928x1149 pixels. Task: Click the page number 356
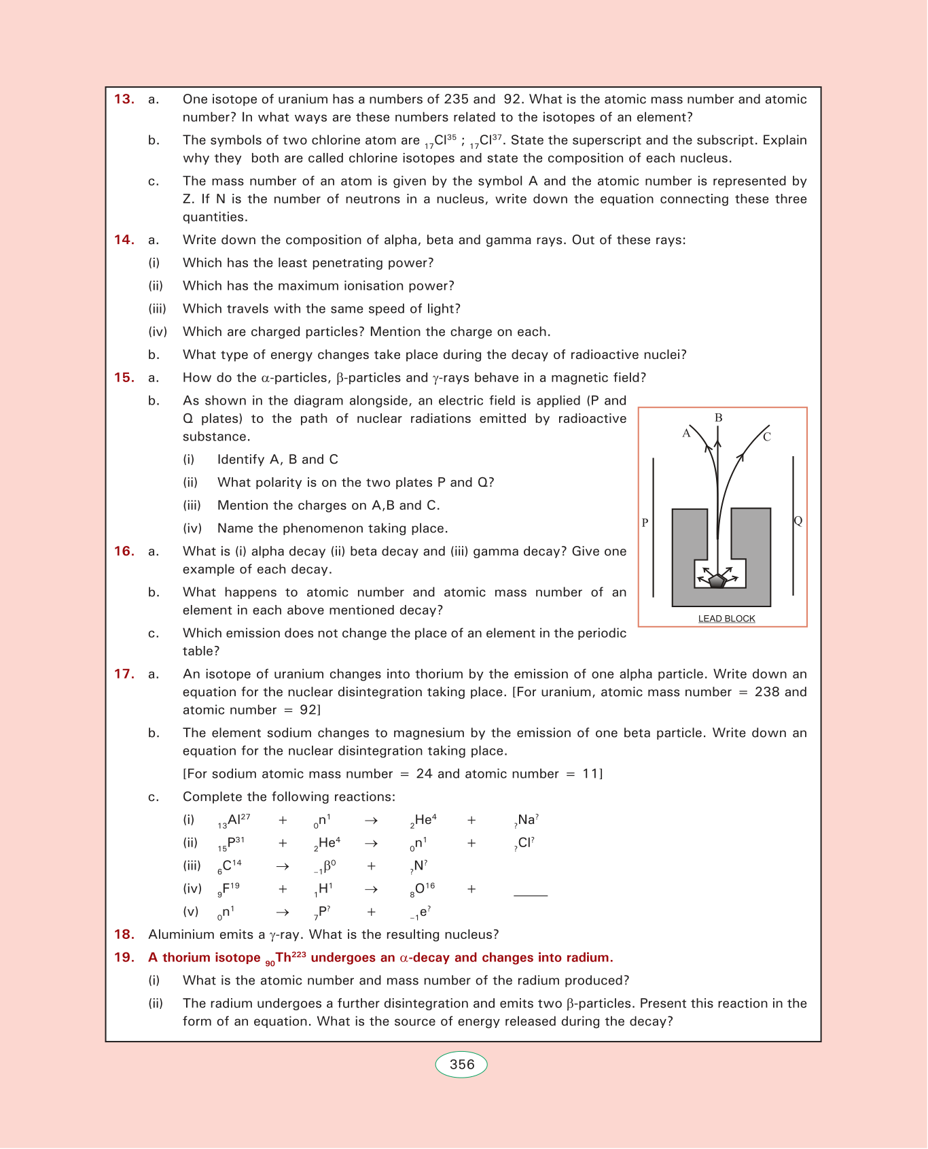click(461, 1065)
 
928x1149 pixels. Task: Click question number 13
click(124, 99)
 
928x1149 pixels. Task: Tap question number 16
click(124, 551)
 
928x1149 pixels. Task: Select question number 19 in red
click(124, 958)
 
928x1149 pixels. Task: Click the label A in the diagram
click(686, 434)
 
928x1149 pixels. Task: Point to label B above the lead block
click(718, 417)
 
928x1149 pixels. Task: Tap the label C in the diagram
click(767, 437)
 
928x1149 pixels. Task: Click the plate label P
click(645, 523)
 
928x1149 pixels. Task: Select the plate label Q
click(798, 521)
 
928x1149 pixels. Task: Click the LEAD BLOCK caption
click(726, 619)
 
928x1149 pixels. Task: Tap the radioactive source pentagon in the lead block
click(717, 581)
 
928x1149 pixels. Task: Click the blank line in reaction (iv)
click(531, 895)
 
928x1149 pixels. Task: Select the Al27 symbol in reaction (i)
click(234, 821)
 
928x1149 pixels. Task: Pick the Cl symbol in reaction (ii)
click(524, 844)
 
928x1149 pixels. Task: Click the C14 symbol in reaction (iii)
click(230, 866)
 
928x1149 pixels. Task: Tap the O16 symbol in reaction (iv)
click(423, 889)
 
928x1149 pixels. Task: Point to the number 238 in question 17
click(767, 692)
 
